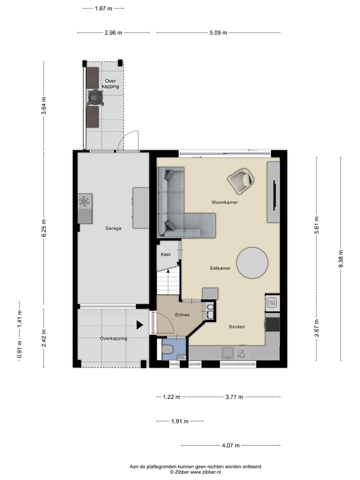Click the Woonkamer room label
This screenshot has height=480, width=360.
[224, 202]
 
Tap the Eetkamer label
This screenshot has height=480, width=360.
[220, 268]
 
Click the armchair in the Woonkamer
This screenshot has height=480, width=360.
[240, 181]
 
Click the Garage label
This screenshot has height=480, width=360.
[113, 228]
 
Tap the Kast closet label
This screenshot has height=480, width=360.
[165, 254]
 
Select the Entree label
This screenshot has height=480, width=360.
[182, 315]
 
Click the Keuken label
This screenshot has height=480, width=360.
[237, 326]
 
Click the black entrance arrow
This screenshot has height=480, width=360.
[139, 325]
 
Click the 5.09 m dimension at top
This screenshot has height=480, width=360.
[218, 33]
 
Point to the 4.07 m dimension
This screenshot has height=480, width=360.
[230, 445]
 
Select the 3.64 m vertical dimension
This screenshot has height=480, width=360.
[44, 105]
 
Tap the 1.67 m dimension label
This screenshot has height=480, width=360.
[103, 8]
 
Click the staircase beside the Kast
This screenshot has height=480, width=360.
[168, 282]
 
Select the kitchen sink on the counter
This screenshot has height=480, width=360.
[227, 353]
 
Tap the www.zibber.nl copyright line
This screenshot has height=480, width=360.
[195, 471]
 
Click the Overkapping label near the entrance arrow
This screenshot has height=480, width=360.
[113, 338]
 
